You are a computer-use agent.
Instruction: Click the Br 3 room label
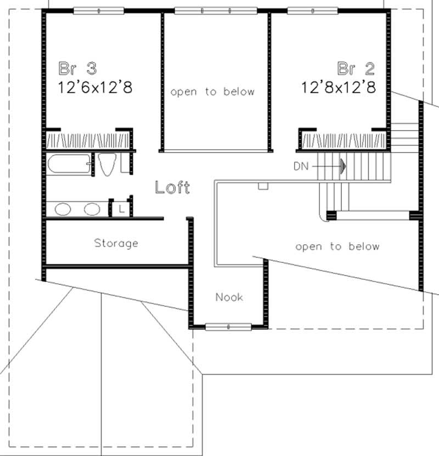click(78, 69)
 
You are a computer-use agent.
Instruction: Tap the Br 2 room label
click(356, 69)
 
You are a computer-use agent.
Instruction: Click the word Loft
click(172, 188)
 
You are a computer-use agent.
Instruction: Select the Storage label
click(116, 243)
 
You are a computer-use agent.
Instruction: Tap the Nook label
click(229, 297)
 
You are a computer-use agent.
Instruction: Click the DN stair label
click(301, 164)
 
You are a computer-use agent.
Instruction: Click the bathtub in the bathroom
click(69, 165)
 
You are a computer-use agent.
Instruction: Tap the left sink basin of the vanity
click(63, 209)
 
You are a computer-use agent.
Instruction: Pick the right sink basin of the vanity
click(92, 209)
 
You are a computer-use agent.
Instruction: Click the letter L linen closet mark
click(121, 209)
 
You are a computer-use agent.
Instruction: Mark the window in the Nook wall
click(228, 327)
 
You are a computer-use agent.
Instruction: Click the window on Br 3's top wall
click(99, 10)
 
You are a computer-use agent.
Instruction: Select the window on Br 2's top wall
click(312, 10)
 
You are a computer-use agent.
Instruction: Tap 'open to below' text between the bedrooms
click(212, 92)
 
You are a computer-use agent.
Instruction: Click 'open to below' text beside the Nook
click(337, 246)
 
